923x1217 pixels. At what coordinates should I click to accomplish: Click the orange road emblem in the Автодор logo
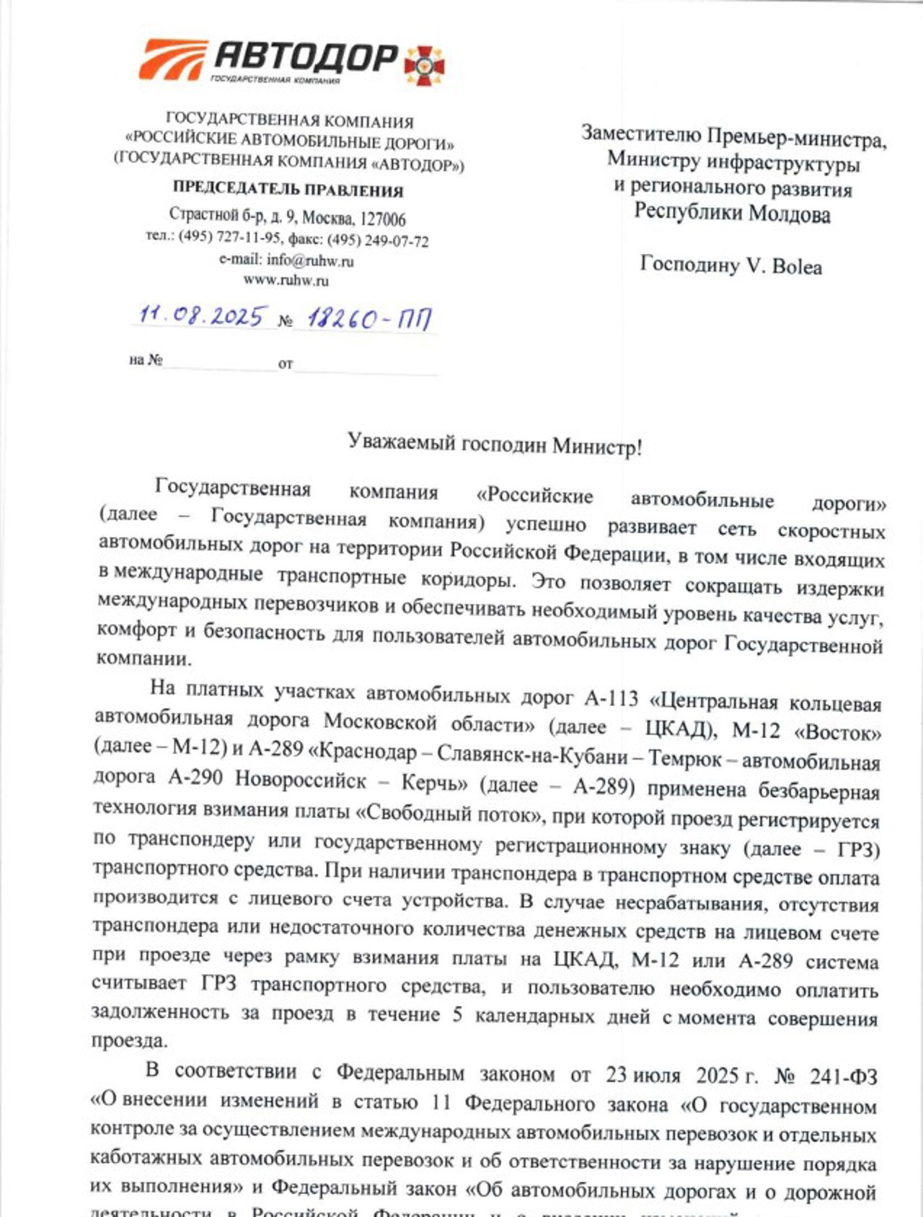pyautogui.click(x=172, y=59)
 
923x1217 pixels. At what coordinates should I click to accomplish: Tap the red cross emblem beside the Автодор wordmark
pyautogui.click(x=425, y=64)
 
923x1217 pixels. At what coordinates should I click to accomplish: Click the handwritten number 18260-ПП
pyautogui.click(x=370, y=318)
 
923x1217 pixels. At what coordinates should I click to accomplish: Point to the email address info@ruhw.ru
pyautogui.click(x=310, y=260)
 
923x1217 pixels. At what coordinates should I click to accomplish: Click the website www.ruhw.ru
pyautogui.click(x=286, y=280)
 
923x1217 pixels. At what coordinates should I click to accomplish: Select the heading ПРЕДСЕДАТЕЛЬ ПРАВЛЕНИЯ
pyautogui.click(x=288, y=190)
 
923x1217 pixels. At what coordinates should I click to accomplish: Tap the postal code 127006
pyautogui.click(x=383, y=219)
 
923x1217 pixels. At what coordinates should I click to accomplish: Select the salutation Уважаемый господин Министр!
pyautogui.click(x=495, y=444)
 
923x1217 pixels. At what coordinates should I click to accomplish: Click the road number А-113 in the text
pyautogui.click(x=611, y=698)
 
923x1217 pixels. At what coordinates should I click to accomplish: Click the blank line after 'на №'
pyautogui.click(x=220, y=363)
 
